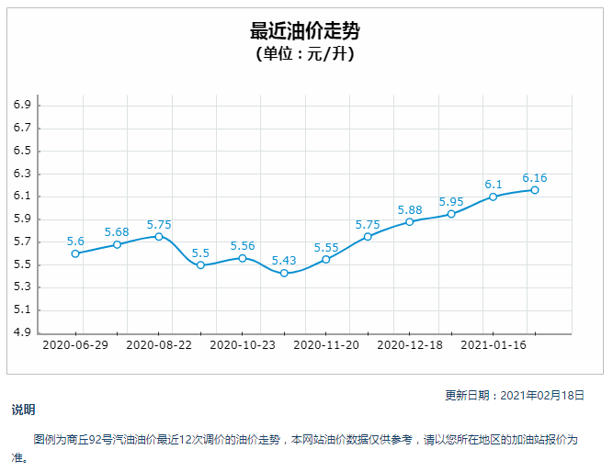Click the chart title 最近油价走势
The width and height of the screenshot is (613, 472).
pos(305,31)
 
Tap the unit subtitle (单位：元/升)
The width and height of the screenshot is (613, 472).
pos(305,53)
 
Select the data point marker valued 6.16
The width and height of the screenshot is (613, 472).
pos(535,190)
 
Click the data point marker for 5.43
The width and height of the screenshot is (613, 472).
pos(284,273)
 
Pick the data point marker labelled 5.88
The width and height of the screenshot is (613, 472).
pos(410,221)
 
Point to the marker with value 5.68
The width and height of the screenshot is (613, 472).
pos(117,244)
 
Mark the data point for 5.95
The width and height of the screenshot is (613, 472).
pos(451,214)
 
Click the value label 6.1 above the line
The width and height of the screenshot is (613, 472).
pos(494,184)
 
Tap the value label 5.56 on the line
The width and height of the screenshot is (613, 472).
pos(243,245)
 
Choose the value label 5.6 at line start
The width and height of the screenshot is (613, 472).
pos(75,241)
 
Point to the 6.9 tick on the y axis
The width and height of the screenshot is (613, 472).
pos(23,106)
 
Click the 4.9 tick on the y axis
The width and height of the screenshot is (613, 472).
pos(23,332)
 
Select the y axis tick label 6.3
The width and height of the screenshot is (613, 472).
pos(23,174)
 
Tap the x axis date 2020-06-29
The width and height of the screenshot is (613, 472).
pos(74,345)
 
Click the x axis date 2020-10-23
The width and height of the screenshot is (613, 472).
pos(243,345)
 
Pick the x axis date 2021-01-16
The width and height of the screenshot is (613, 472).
pos(494,345)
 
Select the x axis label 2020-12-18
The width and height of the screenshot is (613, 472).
pos(410,345)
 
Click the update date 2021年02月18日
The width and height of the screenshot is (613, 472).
pos(541,395)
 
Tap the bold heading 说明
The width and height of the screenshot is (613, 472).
pos(23,410)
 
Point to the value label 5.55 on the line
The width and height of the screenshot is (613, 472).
pos(326,247)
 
